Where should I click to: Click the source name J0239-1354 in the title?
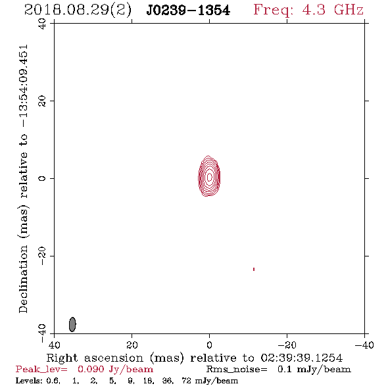[188, 11]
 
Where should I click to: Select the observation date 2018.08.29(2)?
[78, 11]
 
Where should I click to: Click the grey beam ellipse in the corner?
[72, 324]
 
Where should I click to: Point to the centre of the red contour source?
[209, 176]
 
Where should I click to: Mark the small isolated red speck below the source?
[254, 269]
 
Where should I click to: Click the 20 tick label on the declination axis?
[42, 101]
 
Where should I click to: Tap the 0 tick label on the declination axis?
[42, 178]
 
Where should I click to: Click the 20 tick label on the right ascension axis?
[132, 345]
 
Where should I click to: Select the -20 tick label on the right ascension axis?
[287, 345]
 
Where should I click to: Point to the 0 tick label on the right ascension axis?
[209, 345]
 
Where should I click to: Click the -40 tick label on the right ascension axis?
[364, 345]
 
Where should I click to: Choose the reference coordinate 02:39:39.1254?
[302, 358]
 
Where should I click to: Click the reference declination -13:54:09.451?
[24, 86]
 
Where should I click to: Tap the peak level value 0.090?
[91, 369]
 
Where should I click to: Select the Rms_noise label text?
[237, 370]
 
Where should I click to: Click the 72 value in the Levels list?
[186, 380]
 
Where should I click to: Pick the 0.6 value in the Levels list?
[53, 381]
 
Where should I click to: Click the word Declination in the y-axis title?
[23, 279]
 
